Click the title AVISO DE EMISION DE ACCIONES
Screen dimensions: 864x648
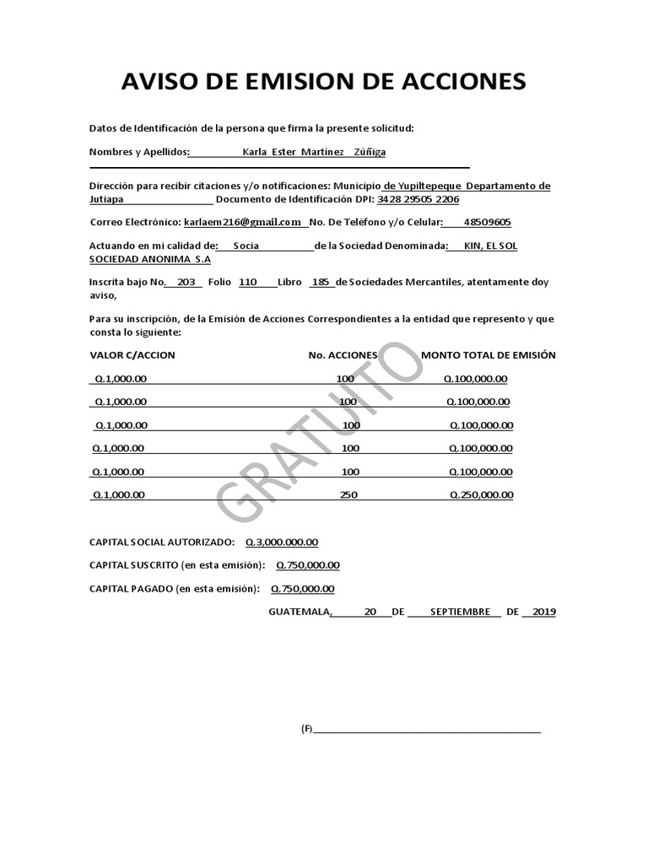(324, 82)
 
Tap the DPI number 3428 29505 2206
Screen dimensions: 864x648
(418, 200)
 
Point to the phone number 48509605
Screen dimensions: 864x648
(487, 223)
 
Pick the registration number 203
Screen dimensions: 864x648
(186, 283)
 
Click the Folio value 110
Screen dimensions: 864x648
(248, 283)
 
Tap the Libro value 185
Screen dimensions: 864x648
(320, 283)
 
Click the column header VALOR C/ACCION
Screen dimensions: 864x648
(132, 355)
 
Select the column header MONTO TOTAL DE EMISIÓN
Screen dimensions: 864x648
(489, 355)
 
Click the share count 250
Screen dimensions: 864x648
(348, 495)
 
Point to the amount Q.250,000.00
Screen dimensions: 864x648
(481, 495)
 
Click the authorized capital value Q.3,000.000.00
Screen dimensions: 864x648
(282, 543)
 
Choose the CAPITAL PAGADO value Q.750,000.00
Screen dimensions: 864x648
(302, 589)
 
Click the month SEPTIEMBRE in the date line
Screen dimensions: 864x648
(460, 613)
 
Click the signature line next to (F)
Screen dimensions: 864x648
(427, 730)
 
